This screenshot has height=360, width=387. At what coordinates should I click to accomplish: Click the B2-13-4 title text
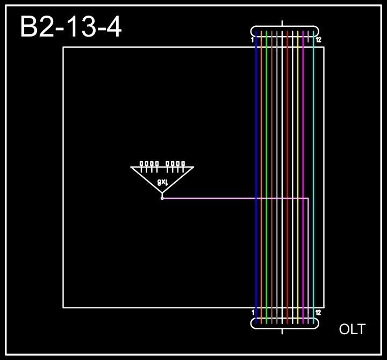[x=70, y=27]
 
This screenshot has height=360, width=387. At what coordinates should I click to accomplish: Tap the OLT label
[x=352, y=329]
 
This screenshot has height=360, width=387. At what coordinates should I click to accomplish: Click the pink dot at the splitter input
[x=162, y=198]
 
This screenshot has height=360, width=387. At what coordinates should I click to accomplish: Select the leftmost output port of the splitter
[x=141, y=163]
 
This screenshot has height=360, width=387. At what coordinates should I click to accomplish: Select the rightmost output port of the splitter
[x=183, y=163]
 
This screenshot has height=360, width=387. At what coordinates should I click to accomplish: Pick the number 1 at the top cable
[x=252, y=40]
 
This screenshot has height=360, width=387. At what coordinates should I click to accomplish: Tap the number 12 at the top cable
[x=318, y=40]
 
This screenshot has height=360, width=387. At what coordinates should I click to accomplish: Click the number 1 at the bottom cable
[x=253, y=312]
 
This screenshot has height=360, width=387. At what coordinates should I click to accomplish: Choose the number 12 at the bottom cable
[x=318, y=312]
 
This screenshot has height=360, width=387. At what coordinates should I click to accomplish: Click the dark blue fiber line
[x=256, y=134]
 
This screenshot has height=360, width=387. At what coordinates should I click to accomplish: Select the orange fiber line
[x=261, y=134]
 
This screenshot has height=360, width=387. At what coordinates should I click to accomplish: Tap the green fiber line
[x=267, y=134]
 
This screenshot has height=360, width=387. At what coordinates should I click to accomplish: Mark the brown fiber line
[x=272, y=134]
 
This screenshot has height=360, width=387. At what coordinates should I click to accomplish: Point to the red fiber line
[x=288, y=134]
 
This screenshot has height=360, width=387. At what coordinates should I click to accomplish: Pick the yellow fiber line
[x=298, y=134]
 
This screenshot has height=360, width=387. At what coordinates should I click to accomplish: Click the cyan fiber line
[x=313, y=134]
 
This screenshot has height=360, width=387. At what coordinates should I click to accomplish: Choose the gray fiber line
[x=277, y=134]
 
